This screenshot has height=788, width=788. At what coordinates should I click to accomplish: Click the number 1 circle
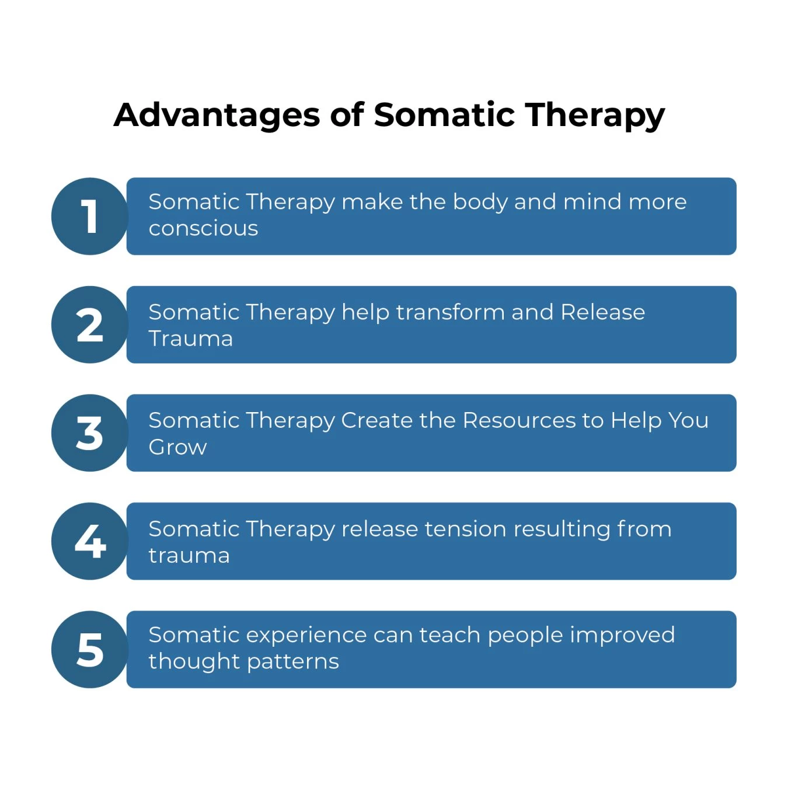click(x=89, y=216)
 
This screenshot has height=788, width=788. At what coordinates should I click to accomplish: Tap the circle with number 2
click(x=89, y=325)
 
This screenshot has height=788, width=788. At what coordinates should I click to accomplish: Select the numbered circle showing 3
click(x=89, y=433)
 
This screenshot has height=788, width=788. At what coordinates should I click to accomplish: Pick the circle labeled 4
click(x=89, y=541)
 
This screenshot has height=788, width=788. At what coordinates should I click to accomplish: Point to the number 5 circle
click(x=89, y=650)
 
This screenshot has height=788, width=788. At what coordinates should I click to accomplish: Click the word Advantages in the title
click(x=217, y=115)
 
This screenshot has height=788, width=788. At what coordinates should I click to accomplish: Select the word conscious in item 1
click(x=203, y=228)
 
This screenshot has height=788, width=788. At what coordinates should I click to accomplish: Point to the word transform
click(x=450, y=312)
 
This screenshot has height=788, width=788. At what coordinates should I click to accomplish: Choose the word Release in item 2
click(x=602, y=312)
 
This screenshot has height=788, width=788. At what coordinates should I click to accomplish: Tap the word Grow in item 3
click(x=177, y=447)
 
